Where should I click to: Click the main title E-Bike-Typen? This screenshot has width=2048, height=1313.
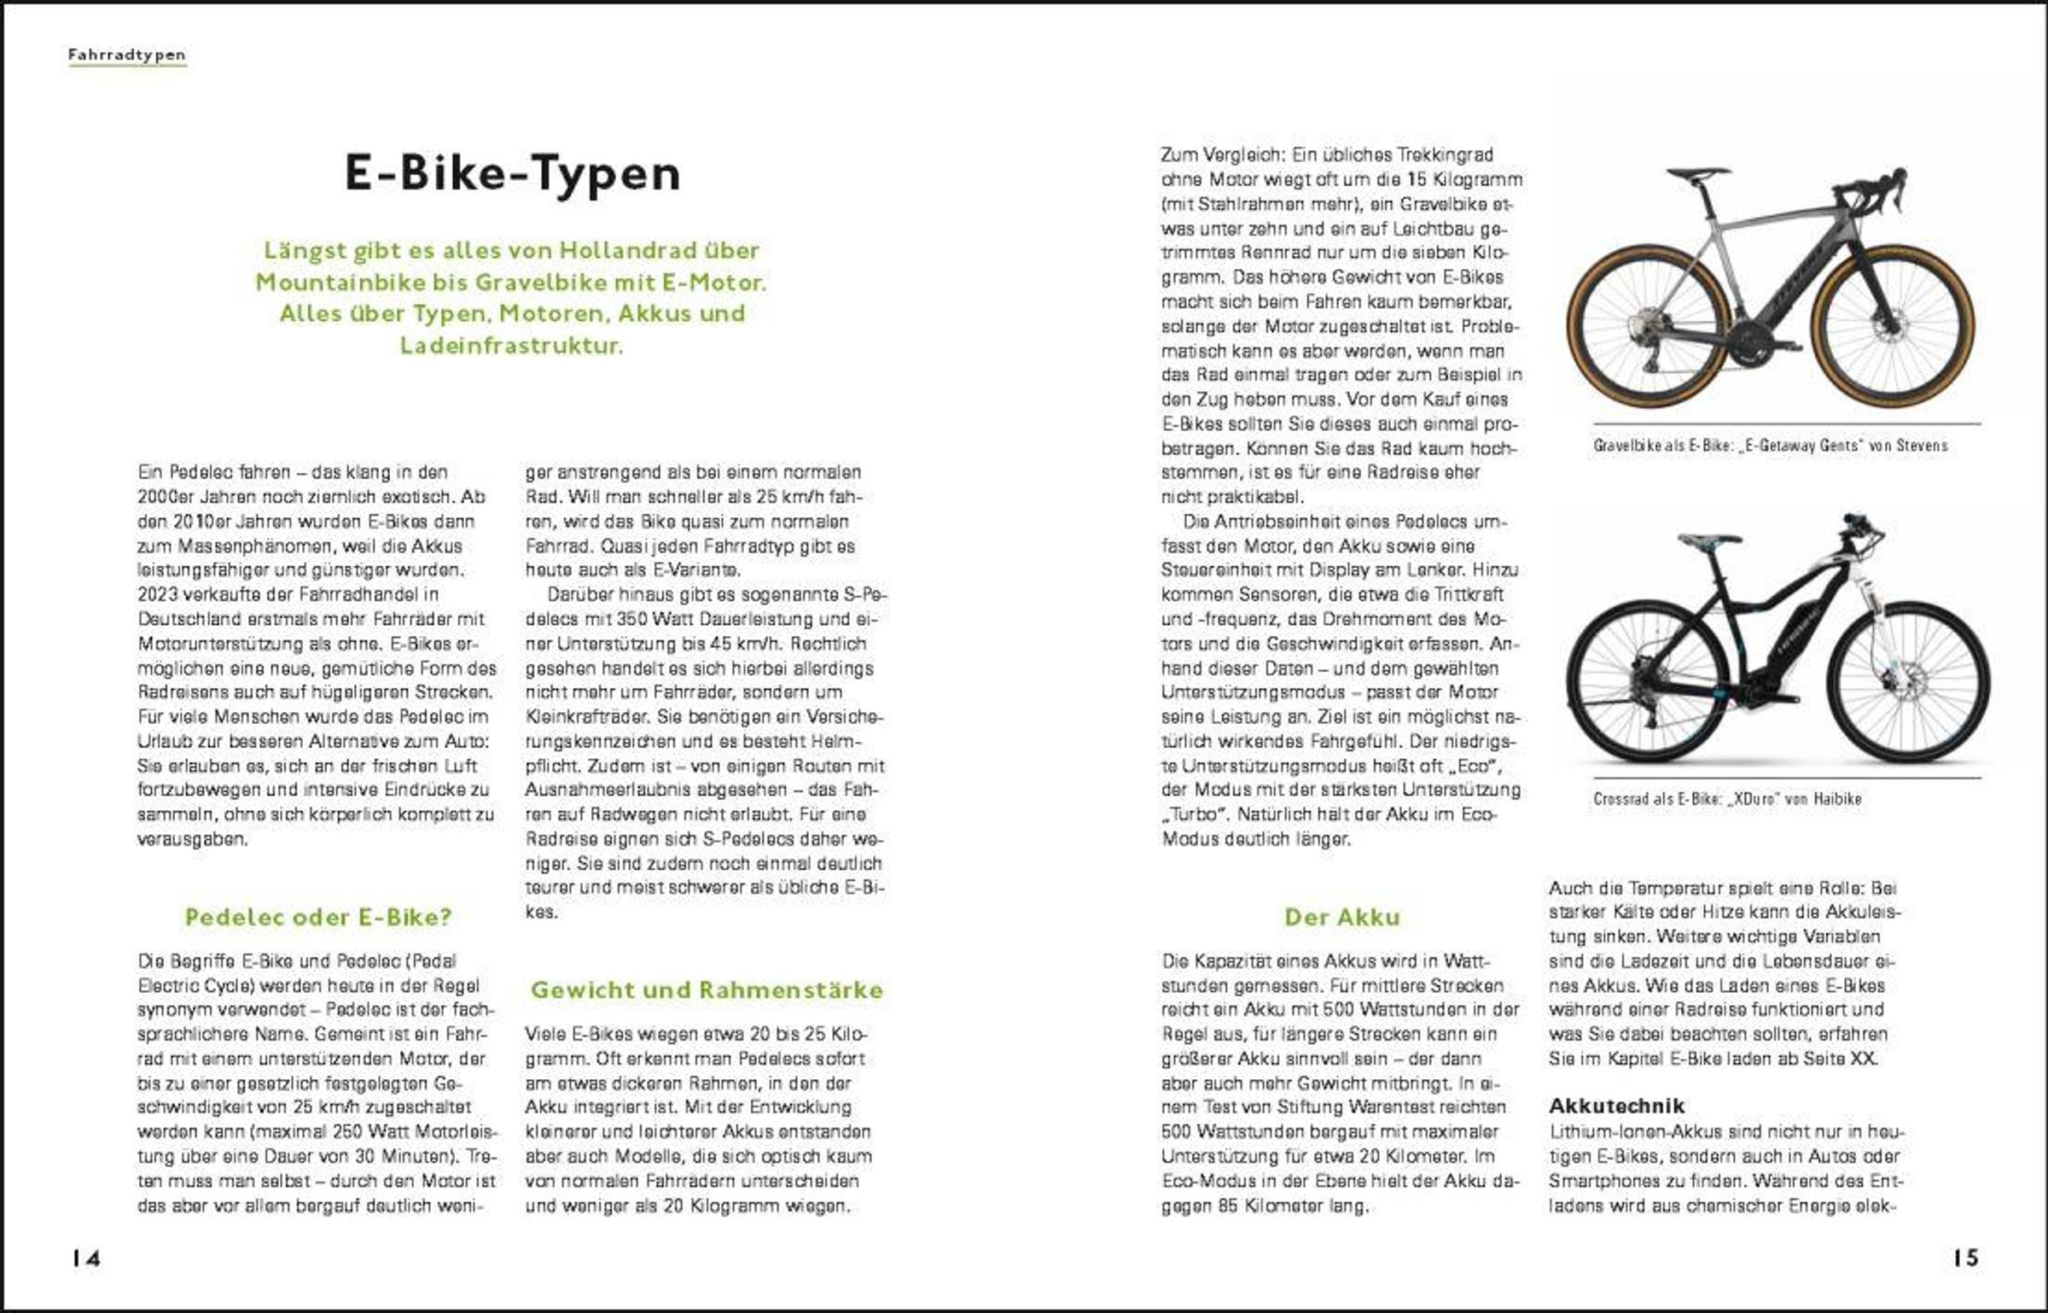513,173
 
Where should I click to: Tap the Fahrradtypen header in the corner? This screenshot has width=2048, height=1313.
127,55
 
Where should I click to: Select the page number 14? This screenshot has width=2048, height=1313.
86,1258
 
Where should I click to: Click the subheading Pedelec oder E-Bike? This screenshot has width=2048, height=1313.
317,917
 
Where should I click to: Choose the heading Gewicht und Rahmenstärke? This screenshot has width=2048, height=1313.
707,989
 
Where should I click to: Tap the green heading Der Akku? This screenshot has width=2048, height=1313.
1342,917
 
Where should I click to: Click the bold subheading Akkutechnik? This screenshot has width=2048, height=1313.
1616,1106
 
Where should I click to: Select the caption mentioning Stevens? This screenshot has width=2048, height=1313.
1770,445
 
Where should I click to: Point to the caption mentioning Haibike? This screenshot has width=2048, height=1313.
1727,799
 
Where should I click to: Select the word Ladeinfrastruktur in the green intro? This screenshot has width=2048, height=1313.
511,346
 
